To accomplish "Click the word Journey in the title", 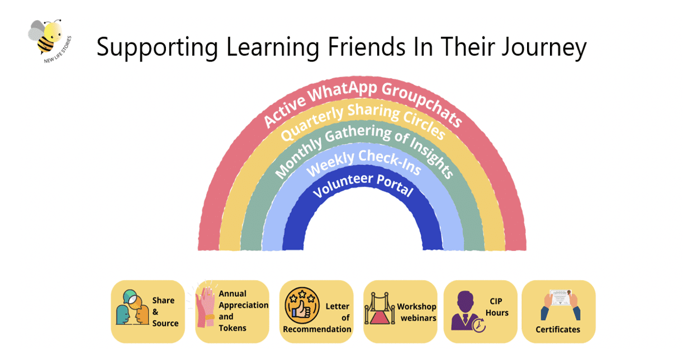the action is coord(544,48).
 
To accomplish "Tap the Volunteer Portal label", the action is coord(363,184).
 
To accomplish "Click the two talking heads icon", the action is coord(132,307).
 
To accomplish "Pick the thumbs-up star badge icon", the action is coord(302,305).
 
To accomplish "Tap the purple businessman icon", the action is coord(468,311).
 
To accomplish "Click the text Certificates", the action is coord(558,329).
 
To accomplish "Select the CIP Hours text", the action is coord(497,307).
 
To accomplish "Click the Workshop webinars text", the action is coord(416,312).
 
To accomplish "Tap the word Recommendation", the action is coord(317,329).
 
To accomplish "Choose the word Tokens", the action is coord(233,328).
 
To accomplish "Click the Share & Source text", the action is coord(165,312).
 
